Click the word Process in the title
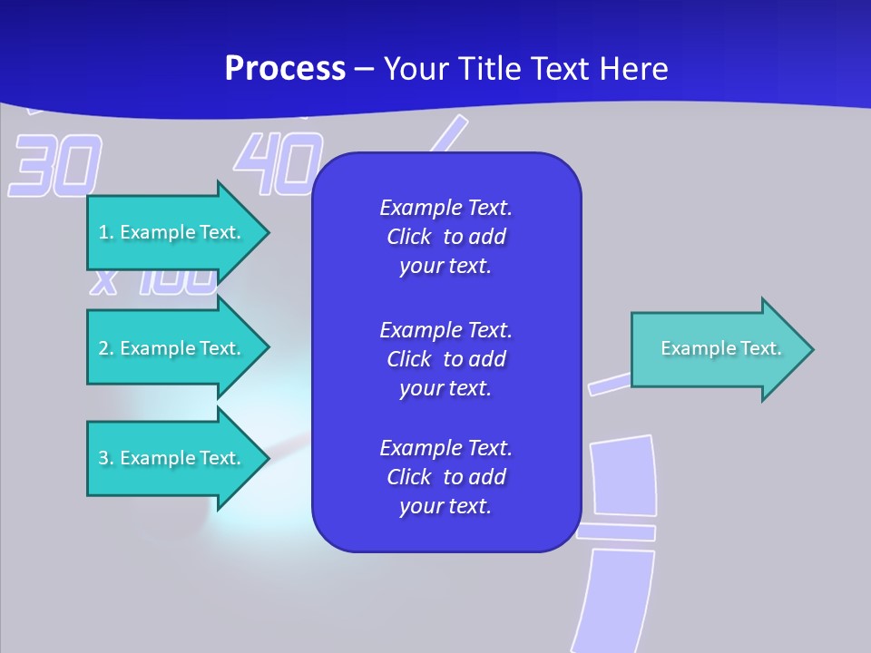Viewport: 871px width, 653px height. (285, 69)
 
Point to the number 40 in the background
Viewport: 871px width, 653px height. (278, 164)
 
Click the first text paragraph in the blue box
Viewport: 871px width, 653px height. (445, 237)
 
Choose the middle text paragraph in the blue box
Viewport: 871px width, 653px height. (445, 358)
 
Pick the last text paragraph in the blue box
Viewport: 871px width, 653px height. (445, 477)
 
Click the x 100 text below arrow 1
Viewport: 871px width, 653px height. (153, 282)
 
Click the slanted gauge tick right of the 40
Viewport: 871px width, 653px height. (446, 136)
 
